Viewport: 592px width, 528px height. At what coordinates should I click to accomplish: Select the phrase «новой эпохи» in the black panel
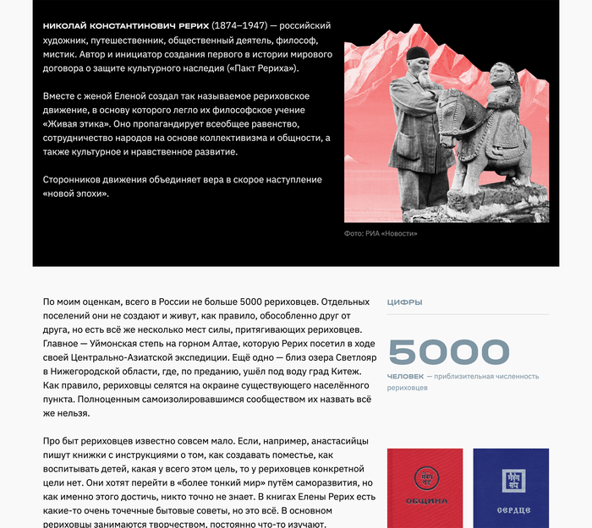coord(76,193)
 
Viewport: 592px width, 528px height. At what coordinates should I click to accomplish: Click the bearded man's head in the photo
coord(415,61)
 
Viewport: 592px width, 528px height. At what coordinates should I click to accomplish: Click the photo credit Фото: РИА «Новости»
coord(381,233)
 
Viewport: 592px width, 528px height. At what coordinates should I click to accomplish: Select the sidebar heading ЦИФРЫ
coord(404,302)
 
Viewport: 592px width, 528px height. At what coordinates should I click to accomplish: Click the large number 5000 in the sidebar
coord(448,352)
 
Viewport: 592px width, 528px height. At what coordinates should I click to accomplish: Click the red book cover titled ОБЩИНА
coord(425,488)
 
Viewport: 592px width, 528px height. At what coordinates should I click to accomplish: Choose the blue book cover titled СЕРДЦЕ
coord(510,488)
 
